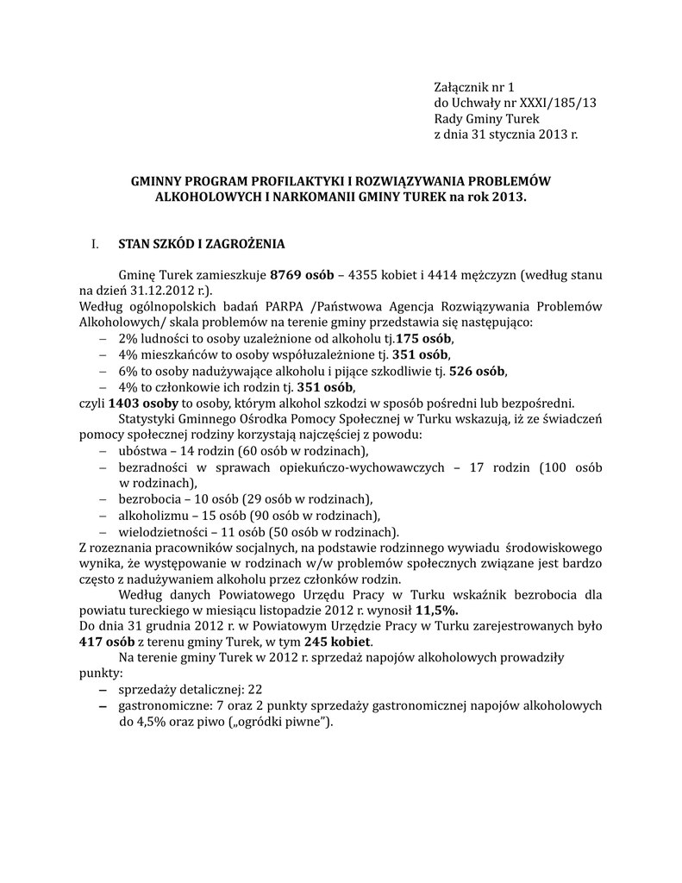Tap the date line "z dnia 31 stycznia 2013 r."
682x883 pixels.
pos(504,135)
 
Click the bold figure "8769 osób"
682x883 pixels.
pos(302,275)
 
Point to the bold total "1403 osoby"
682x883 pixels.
pos(143,403)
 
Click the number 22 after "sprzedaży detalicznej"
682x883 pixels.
pos(254,690)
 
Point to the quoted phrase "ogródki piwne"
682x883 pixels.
pos(280,722)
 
